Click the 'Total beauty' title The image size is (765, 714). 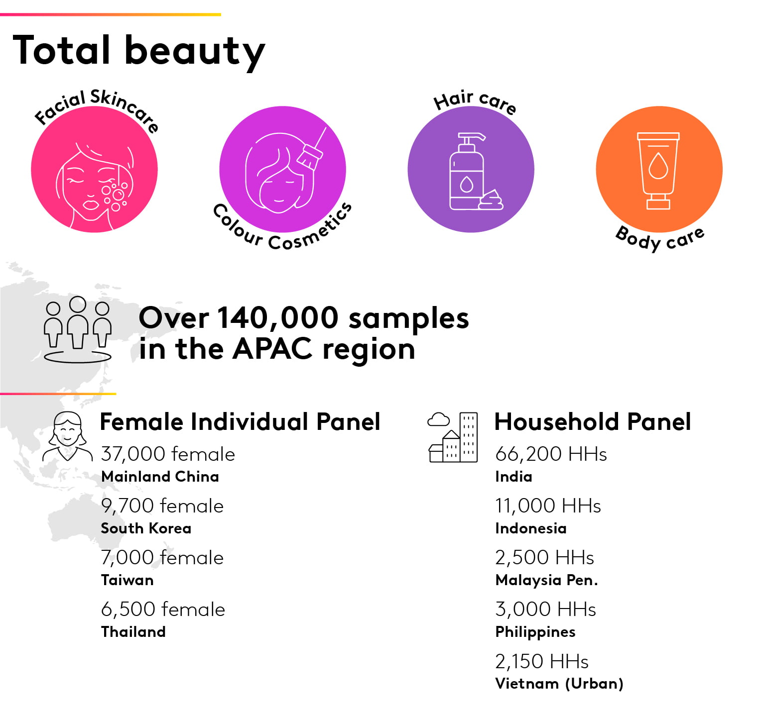[x=139, y=51]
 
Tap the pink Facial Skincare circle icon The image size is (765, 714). [x=94, y=169]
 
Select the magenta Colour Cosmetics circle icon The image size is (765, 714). [x=282, y=169]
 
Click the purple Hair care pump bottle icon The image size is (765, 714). [x=471, y=169]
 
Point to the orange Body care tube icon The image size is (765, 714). [x=659, y=169]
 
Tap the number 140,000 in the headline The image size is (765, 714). [x=278, y=317]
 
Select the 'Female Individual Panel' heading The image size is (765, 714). [x=240, y=421]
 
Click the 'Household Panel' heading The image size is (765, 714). [x=593, y=421]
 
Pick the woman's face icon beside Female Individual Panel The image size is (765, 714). [x=67, y=436]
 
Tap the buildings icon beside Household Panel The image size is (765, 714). [x=453, y=437]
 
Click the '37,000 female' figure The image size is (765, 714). [x=168, y=454]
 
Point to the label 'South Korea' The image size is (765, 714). [x=146, y=528]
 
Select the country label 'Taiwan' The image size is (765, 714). [x=127, y=580]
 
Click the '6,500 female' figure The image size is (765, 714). [x=163, y=609]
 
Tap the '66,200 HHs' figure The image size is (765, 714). [x=551, y=454]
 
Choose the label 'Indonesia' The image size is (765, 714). [x=531, y=528]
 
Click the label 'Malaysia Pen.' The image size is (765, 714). [x=546, y=580]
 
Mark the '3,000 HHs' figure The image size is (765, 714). [x=545, y=609]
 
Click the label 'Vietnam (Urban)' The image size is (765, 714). [x=559, y=684]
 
